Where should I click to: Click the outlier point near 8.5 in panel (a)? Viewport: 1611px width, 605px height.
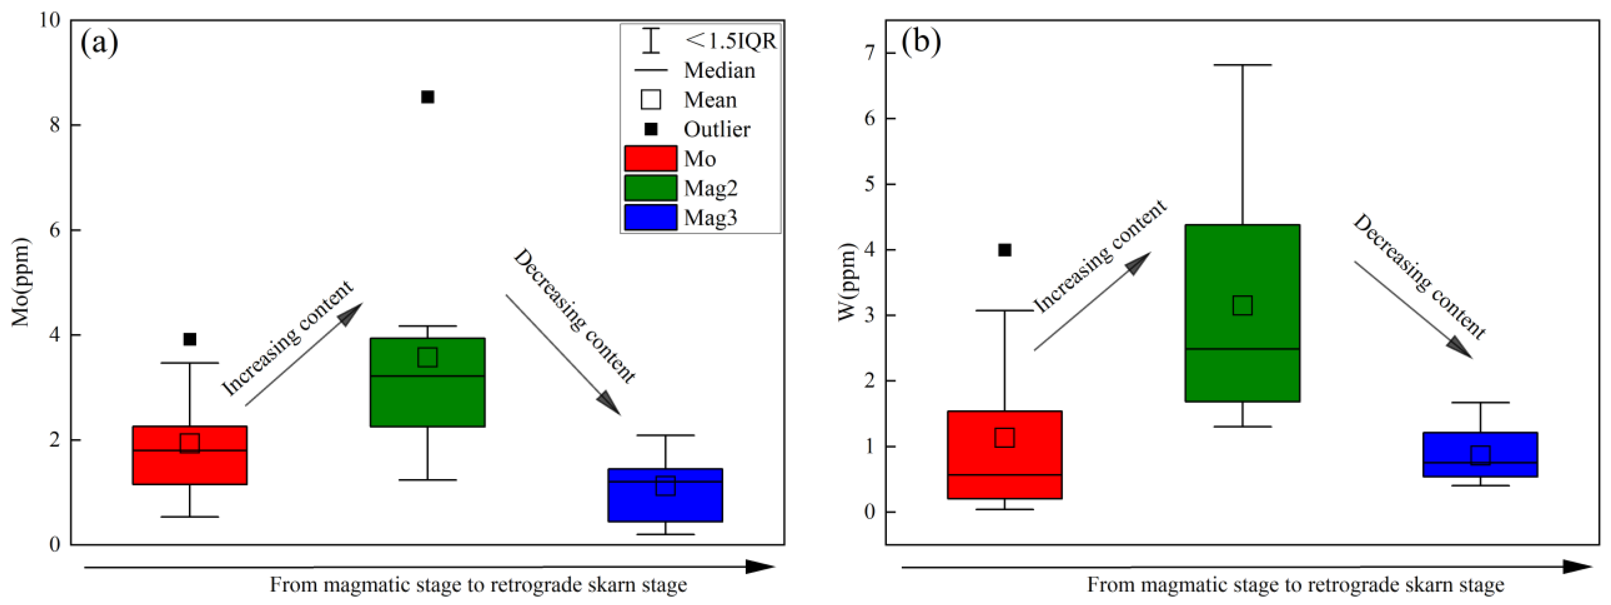(x=428, y=97)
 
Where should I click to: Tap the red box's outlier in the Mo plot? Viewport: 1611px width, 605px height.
(x=190, y=339)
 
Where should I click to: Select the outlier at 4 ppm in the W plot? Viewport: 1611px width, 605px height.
(x=1005, y=250)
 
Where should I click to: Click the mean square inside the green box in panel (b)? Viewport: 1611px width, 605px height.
(x=1242, y=306)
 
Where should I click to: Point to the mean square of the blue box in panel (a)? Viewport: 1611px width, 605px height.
(x=666, y=486)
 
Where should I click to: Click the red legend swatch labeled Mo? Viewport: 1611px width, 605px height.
(x=651, y=158)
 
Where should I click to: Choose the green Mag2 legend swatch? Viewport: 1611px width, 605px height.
(x=651, y=188)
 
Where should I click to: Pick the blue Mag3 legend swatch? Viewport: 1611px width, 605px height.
(x=651, y=217)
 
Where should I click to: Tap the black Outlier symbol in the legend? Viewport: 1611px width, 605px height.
(x=651, y=129)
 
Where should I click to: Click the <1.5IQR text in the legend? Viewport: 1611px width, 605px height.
(x=730, y=41)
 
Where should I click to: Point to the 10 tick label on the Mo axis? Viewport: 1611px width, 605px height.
(x=49, y=20)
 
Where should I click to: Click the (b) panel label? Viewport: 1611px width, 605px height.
(x=921, y=42)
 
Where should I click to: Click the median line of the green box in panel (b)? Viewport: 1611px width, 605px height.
(x=1242, y=349)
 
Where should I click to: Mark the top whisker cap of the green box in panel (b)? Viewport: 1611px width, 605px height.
(x=1242, y=65)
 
